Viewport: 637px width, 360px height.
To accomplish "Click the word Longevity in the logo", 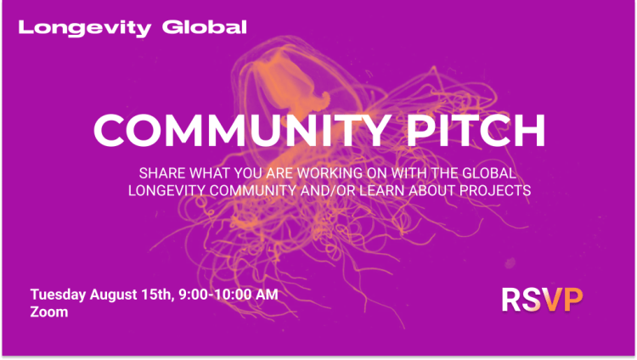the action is click(85, 28).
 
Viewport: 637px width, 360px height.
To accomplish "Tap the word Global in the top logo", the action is click(205, 27).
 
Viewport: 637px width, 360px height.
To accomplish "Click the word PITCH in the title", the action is click(476, 130).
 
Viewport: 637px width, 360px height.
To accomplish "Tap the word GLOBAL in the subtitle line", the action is click(489, 173).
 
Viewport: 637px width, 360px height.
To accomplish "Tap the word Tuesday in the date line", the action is click(58, 295).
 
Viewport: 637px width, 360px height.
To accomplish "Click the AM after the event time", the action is click(267, 294).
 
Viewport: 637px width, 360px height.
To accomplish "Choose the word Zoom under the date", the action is click(49, 312).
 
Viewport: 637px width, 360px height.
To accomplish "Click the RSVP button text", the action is click(542, 300).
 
